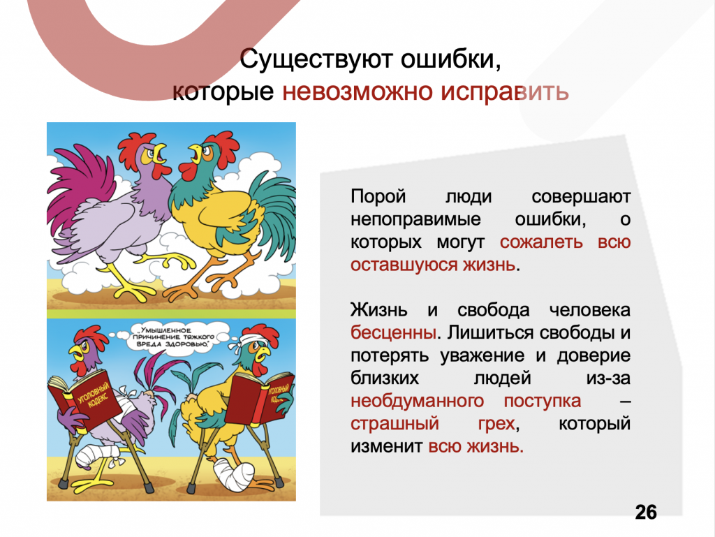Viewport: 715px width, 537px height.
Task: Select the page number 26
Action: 646,513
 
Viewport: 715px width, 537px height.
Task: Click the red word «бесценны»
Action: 394,333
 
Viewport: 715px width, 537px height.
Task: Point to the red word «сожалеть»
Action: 541,242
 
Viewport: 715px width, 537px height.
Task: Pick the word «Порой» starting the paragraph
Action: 378,197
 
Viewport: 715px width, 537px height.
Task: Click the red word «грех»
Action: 496,424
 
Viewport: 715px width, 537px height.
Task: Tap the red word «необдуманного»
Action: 418,401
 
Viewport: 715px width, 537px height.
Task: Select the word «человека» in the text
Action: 589,311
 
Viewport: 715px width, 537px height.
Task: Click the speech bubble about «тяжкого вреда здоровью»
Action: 173,337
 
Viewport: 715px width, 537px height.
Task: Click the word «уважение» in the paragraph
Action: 483,356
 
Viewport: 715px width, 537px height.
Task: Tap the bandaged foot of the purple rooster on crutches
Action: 94,456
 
